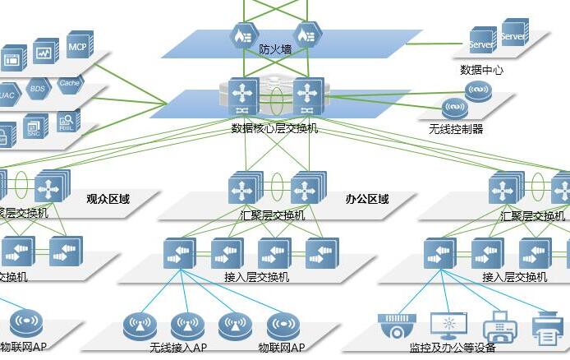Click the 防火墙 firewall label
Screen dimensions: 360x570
point(275,49)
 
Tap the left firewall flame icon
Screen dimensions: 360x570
point(242,35)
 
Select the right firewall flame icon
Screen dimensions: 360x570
point(306,35)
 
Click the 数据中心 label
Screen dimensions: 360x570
point(481,71)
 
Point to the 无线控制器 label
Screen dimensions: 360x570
point(456,129)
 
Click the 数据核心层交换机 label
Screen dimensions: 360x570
point(274,128)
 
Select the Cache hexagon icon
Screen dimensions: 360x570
point(69,83)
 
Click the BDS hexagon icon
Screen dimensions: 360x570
point(38,88)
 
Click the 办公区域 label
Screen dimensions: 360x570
point(367,199)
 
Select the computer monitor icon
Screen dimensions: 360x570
point(448,325)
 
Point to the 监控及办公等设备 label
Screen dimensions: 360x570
point(457,348)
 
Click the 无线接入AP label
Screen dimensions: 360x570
point(178,348)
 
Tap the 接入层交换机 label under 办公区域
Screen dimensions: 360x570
point(256,277)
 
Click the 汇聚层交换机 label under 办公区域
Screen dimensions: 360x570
point(273,215)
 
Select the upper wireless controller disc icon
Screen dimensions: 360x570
point(477,90)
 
